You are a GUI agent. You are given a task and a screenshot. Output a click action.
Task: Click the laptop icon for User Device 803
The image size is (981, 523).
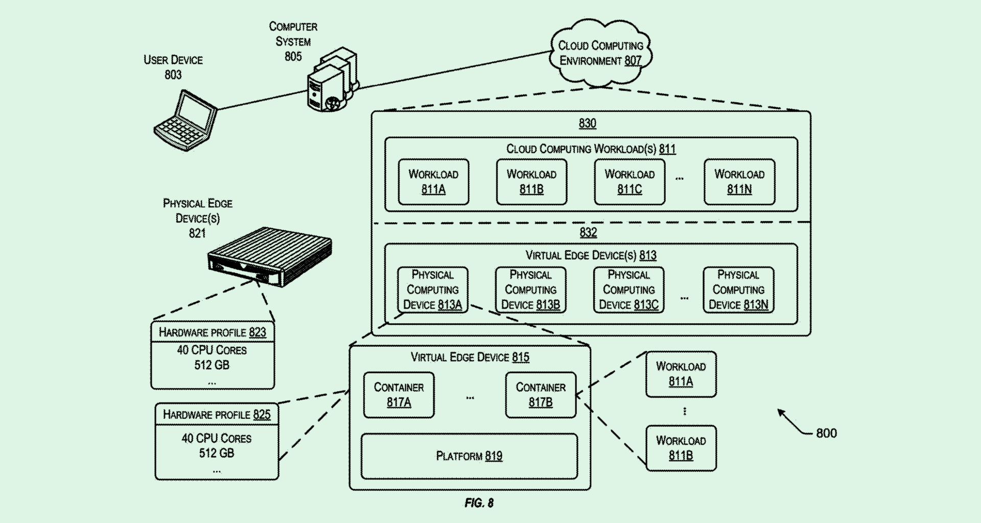click(185, 121)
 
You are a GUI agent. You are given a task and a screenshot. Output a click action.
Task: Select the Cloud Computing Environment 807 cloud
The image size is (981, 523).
click(600, 53)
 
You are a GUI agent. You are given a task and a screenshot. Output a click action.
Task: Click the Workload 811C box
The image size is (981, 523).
click(629, 182)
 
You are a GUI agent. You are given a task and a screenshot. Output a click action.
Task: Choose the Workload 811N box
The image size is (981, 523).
click(739, 182)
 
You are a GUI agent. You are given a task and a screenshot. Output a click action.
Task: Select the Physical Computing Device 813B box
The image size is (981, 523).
click(530, 290)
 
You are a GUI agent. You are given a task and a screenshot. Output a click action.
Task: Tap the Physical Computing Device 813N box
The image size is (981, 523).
click(738, 290)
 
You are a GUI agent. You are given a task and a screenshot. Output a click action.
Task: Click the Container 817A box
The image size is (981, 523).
click(399, 395)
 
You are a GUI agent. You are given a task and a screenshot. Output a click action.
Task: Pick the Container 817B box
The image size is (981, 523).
click(541, 395)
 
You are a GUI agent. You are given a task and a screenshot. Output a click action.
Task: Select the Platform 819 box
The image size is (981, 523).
click(469, 456)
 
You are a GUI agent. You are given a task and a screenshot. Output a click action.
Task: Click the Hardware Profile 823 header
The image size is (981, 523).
click(212, 332)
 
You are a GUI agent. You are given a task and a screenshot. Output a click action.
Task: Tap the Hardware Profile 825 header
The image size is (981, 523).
click(217, 414)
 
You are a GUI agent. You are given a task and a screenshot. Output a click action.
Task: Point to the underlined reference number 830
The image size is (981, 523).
click(588, 124)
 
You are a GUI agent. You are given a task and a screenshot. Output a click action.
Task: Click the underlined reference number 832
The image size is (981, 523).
click(588, 233)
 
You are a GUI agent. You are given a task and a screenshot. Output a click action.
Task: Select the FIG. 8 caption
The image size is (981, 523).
click(479, 503)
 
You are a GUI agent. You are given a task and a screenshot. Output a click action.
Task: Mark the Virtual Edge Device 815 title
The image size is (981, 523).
click(470, 357)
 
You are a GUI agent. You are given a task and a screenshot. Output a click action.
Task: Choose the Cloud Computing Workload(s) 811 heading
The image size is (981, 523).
click(591, 149)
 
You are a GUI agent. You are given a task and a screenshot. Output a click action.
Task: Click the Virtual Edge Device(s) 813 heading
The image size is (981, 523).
click(591, 255)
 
